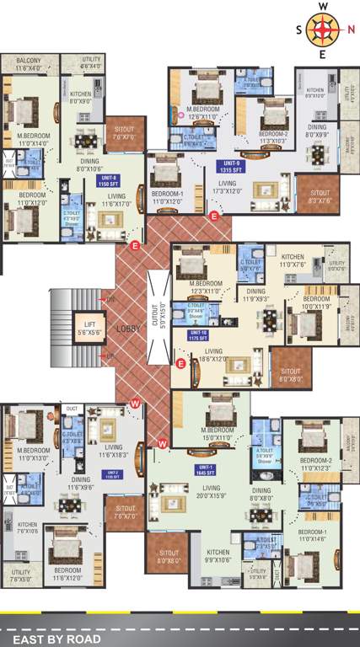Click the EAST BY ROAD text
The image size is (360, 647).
click(x=52, y=639)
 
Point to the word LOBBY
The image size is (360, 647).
click(x=128, y=329)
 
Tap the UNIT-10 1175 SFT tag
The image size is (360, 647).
click(x=196, y=334)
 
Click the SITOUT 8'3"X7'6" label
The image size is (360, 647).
click(x=320, y=196)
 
